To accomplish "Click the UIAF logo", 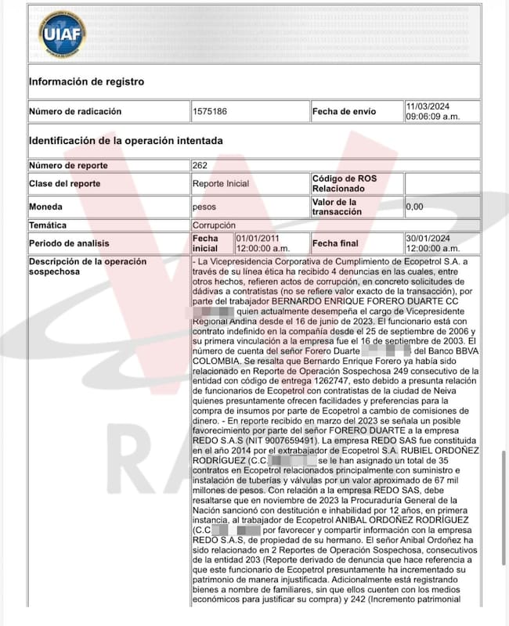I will [x=63, y=34].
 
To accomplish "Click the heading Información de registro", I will [x=86, y=81].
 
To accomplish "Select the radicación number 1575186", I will [x=210, y=112].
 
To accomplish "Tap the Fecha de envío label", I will [x=344, y=112].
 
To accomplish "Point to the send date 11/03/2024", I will [x=428, y=106].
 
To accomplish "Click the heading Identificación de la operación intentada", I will [x=126, y=141].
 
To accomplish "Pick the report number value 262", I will [x=200, y=165].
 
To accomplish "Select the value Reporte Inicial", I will [x=221, y=184].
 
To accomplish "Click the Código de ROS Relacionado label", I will [x=345, y=184].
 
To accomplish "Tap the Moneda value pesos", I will [x=204, y=207].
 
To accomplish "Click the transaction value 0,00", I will [x=415, y=207].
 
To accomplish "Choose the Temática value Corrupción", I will [x=214, y=225].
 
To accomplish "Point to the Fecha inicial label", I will [x=206, y=243].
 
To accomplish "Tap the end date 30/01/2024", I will [x=428, y=238].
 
